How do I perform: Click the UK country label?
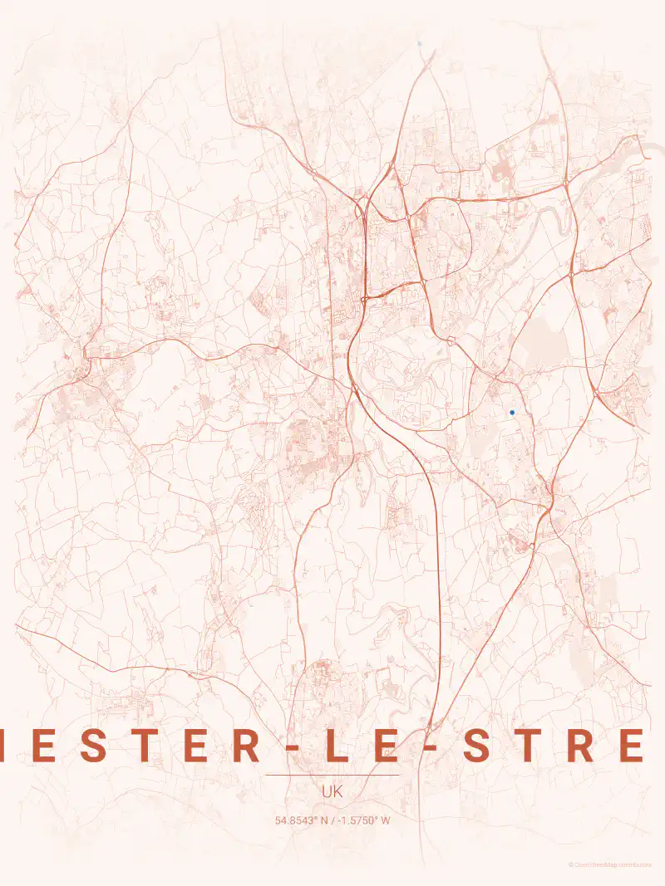332,793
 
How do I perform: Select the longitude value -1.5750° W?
362,821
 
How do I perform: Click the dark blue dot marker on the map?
512,412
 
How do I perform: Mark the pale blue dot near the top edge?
420,43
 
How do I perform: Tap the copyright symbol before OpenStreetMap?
571,865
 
